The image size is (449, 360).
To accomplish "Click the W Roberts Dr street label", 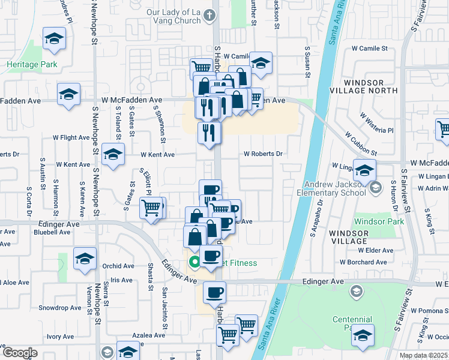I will tap(263, 154).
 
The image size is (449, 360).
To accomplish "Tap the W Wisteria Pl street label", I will tap(376, 122).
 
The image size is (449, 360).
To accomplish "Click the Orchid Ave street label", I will tap(118, 266).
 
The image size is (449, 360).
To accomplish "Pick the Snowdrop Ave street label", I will tap(59, 308).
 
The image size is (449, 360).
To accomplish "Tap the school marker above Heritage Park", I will tap(55, 39).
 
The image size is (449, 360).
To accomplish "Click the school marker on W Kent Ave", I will tap(113, 155).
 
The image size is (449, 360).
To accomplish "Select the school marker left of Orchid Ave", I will tap(85, 259).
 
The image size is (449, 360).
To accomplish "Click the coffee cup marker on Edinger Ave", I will tap(214, 293).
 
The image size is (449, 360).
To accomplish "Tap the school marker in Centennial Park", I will tap(363, 334).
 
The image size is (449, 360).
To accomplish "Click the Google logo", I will tap(20, 353).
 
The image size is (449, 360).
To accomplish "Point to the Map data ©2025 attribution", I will tap(424, 355).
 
